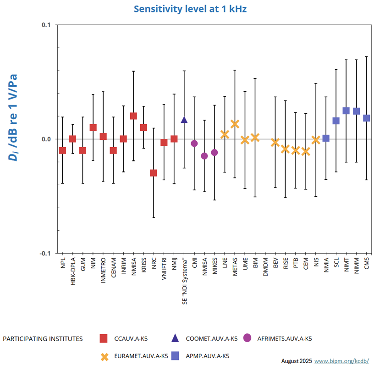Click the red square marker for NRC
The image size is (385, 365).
(154, 173)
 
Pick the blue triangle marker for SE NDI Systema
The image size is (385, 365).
(184, 120)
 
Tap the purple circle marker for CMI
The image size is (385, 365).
(194, 144)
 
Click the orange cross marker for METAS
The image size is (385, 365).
(235, 124)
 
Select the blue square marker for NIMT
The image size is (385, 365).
(346, 111)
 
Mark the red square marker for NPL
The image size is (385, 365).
(62, 150)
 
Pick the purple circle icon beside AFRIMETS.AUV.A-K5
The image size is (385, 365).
(247, 338)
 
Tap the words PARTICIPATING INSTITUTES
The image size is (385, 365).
(43, 339)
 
